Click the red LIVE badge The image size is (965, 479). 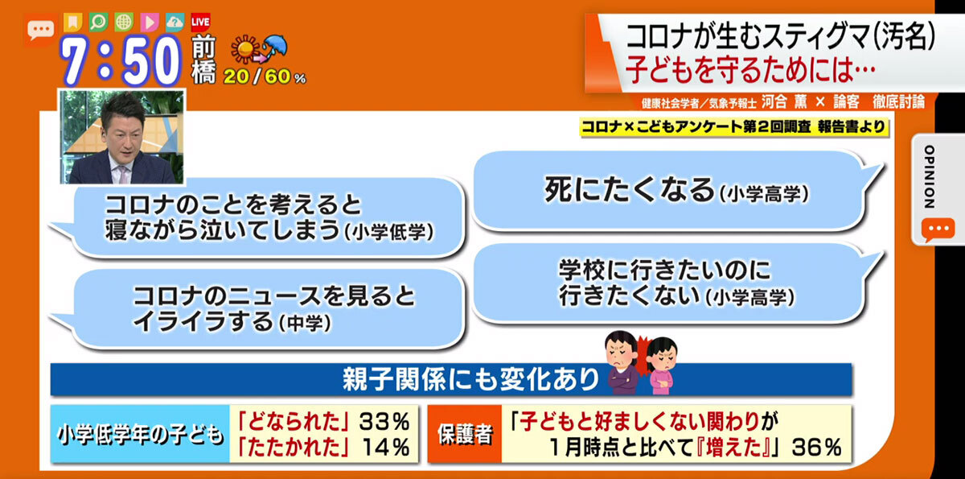(200, 22)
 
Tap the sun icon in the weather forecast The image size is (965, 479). (244, 49)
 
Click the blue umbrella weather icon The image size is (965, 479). (275, 46)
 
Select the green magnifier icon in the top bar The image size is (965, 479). (99, 22)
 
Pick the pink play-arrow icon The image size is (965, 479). (150, 22)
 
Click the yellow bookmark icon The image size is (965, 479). (73, 22)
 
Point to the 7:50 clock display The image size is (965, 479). (121, 60)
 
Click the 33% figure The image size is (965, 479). (384, 421)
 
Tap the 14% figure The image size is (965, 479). (385, 447)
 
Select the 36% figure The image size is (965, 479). (817, 448)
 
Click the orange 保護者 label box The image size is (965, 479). (465, 434)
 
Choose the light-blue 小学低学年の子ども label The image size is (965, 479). (141, 434)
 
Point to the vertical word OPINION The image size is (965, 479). (929, 177)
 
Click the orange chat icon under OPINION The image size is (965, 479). (938, 229)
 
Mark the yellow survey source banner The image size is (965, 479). (734, 127)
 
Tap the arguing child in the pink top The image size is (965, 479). (662, 365)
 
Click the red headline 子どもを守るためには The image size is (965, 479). (749, 70)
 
